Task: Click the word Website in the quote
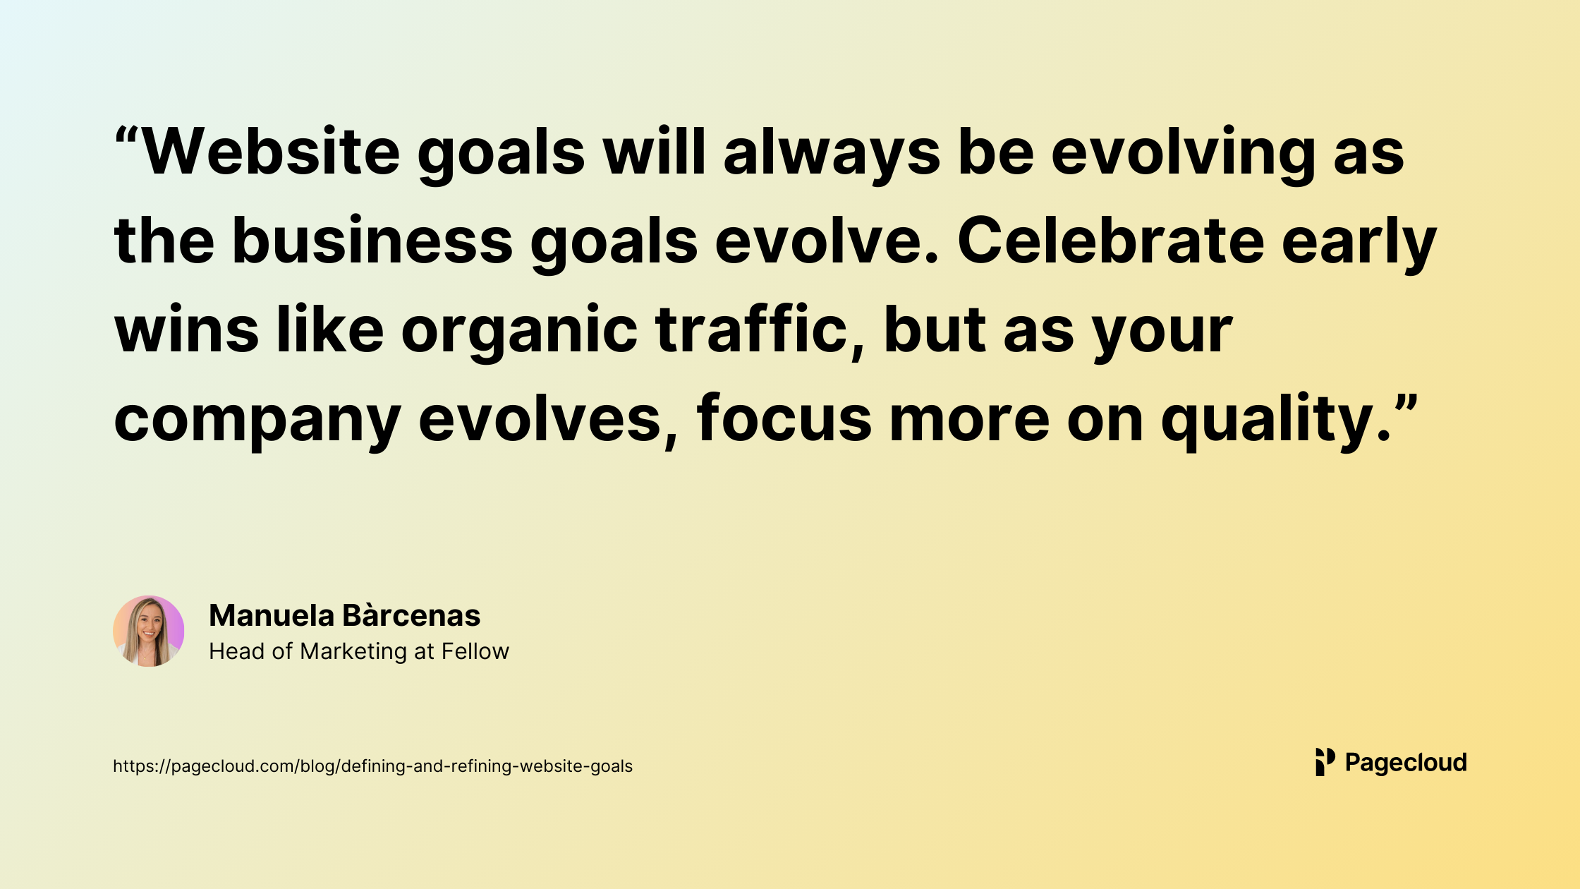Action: coord(272,151)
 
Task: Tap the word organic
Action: coord(520,333)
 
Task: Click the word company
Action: coord(257,422)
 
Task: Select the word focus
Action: coord(784,418)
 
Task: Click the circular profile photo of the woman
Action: coord(149,631)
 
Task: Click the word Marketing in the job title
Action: coord(353,652)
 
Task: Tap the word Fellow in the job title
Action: coord(475,651)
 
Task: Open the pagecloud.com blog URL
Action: coord(372,766)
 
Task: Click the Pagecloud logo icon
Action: coord(1325,762)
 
